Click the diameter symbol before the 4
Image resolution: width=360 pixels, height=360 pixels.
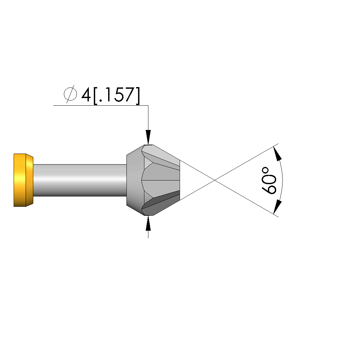pos(70,94)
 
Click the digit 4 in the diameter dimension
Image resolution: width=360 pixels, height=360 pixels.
pos(86,95)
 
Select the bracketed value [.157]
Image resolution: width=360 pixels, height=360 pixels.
pos(117,96)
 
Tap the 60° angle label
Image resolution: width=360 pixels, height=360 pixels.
pos(269,180)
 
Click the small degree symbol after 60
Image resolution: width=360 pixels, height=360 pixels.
pos(265,170)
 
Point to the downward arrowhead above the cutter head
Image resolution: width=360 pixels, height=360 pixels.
pos(148,137)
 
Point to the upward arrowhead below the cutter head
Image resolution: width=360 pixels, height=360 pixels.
pos(148,223)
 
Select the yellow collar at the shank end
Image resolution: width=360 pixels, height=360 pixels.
pos(23,180)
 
